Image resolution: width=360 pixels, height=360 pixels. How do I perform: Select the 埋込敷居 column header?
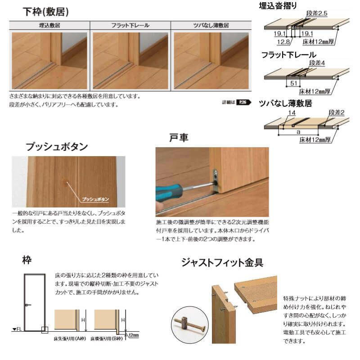coord(49,25)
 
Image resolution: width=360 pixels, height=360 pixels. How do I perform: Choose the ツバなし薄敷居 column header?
coord(210,25)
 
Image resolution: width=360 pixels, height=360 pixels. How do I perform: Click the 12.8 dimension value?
coord(284,42)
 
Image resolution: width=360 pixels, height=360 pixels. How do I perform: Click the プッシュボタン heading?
coord(57,147)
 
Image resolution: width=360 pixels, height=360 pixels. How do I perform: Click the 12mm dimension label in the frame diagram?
coord(133,335)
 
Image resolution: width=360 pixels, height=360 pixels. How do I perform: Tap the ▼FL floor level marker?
coord(17,330)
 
